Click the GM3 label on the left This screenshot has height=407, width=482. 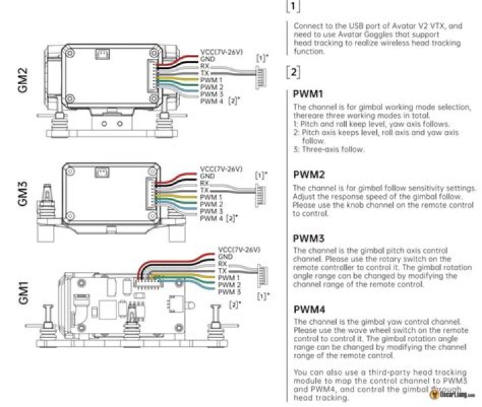22,194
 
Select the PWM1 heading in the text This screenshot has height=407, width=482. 309,94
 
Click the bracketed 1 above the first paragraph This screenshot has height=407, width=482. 293,7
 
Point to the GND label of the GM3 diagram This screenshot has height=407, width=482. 208,175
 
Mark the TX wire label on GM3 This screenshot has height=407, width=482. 204,190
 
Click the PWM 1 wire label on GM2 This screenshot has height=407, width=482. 212,80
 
